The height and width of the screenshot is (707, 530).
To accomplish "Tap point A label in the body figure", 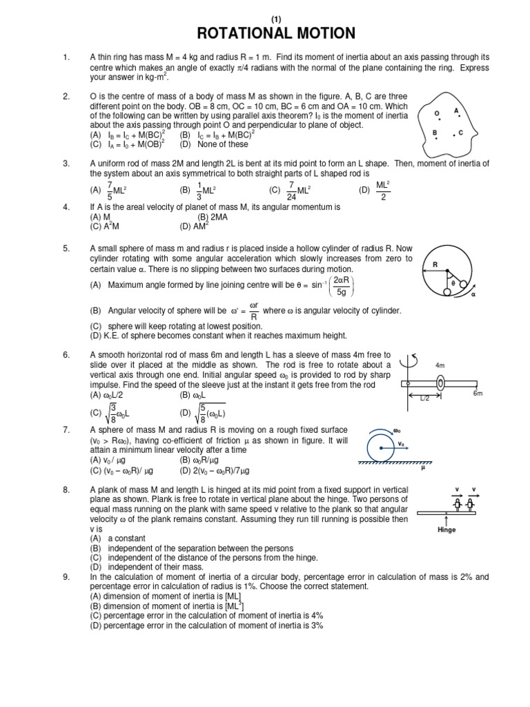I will pyautogui.click(x=456, y=110).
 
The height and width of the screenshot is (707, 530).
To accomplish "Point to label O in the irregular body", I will pyautogui.click(x=437, y=113).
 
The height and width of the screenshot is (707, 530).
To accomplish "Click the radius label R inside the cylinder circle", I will pyautogui.click(x=435, y=264).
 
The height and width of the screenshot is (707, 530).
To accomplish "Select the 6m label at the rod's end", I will pyautogui.click(x=477, y=393).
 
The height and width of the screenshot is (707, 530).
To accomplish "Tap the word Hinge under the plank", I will pyautogui.click(x=447, y=530).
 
